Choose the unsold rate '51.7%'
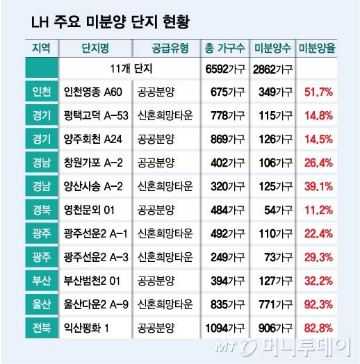[318, 92]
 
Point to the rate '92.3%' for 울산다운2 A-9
[318, 304]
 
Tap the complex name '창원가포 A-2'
[93, 163]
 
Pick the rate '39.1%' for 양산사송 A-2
[318, 186]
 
